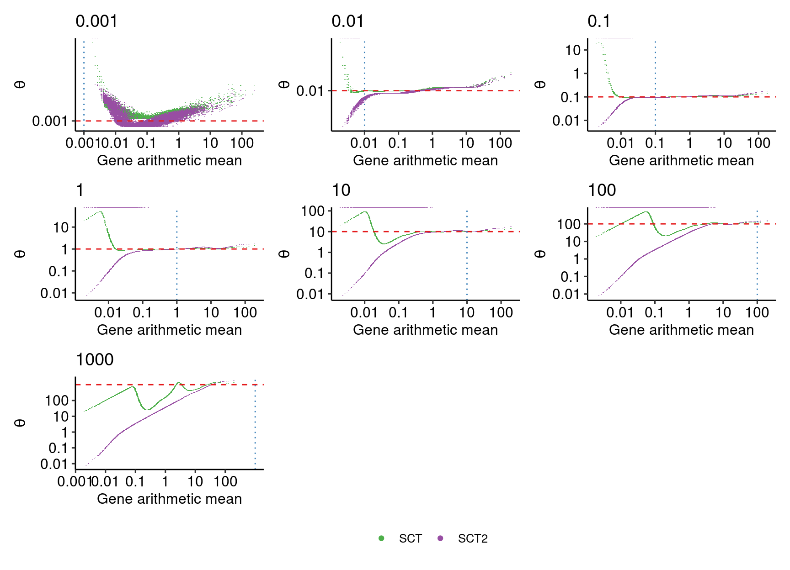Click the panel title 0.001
[x=96, y=21]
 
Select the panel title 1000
[x=94, y=360]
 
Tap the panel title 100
[x=602, y=190]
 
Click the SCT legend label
[x=410, y=538]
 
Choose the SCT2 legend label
[x=473, y=538]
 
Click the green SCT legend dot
[x=381, y=538]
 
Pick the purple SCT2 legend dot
[x=440, y=538]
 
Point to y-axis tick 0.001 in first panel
[x=49, y=121]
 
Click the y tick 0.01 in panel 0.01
[x=310, y=91]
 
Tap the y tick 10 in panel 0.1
[x=573, y=50]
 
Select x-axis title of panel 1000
[x=169, y=499]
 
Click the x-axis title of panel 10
[x=425, y=330]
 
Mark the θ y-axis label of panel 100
[x=540, y=253]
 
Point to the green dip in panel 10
[x=384, y=243]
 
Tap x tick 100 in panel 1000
[x=225, y=481]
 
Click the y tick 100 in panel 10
[x=313, y=211]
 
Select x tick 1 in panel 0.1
[x=689, y=143]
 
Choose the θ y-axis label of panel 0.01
[x=284, y=84]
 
